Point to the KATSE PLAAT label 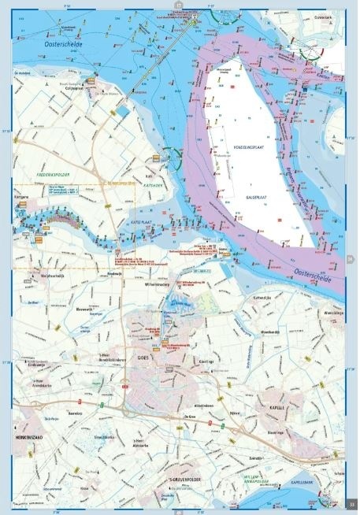143,224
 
